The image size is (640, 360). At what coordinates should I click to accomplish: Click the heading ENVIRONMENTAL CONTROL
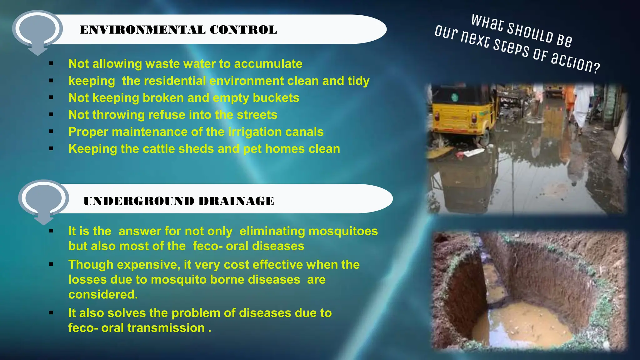[178, 30]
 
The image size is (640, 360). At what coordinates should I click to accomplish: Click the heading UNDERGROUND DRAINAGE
[179, 201]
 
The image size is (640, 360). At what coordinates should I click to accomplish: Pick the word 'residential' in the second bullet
[164, 81]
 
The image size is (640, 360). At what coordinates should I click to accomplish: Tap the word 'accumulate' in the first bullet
[268, 64]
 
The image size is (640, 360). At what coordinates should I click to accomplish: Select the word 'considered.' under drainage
[103, 294]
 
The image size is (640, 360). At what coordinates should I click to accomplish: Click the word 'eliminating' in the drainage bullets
[272, 231]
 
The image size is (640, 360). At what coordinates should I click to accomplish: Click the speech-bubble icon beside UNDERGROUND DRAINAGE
[43, 200]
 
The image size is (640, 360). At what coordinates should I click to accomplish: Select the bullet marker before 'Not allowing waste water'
[51, 64]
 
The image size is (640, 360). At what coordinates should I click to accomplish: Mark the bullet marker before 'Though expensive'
[51, 265]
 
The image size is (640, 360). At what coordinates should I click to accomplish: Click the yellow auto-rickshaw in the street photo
[462, 112]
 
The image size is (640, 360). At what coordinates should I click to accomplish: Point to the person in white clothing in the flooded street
[583, 106]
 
